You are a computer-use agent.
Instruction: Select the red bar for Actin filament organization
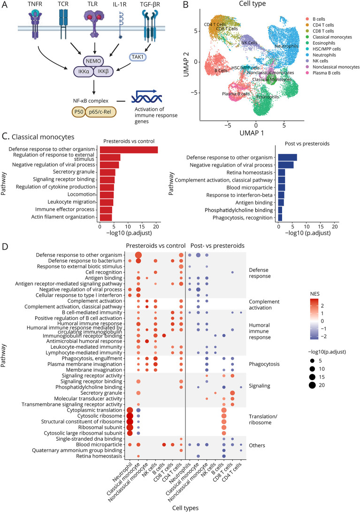point(106,217)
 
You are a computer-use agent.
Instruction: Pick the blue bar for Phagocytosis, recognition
point(280,217)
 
